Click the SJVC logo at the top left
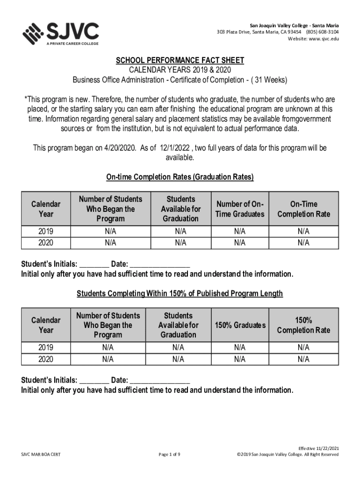pos(61,33)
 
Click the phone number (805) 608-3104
pos(323,32)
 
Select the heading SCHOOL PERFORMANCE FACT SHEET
pos(180,61)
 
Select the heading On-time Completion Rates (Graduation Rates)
pos(180,177)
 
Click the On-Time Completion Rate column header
pos(303,209)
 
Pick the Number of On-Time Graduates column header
pos(240,209)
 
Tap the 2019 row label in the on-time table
pos(45,232)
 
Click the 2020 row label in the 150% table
pos(45,359)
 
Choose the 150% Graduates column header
pos(240,325)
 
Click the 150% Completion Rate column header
pos(303,325)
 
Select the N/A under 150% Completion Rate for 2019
pos(303,348)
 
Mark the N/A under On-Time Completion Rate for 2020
pos(303,243)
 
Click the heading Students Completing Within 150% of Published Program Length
pos(180,293)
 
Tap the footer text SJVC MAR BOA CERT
pos(41,454)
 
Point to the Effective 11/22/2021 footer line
pos(319,448)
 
